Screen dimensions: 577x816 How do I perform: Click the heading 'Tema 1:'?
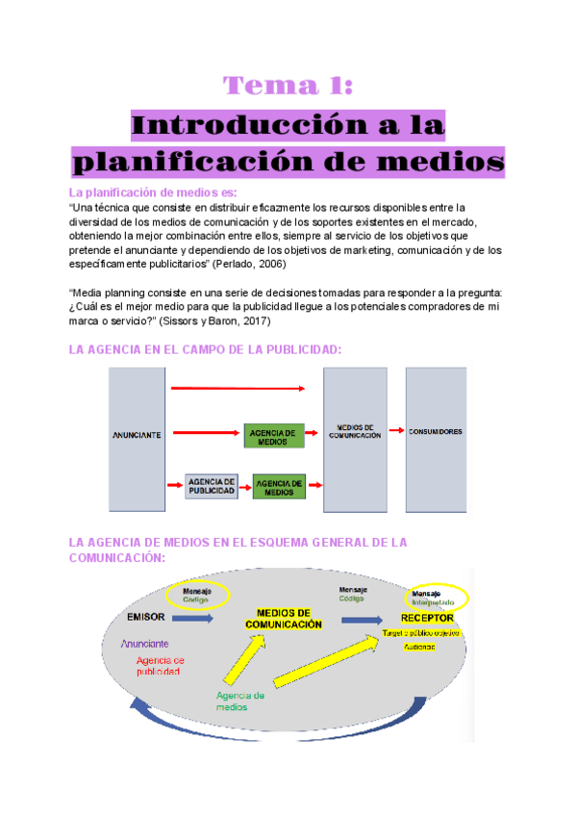pyautogui.click(x=288, y=87)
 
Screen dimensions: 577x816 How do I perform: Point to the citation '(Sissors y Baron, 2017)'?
pyautogui.click(x=216, y=319)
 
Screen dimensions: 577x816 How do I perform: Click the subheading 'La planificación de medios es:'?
pyautogui.click(x=146, y=192)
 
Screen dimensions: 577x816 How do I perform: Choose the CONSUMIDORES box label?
pyautogui.click(x=436, y=432)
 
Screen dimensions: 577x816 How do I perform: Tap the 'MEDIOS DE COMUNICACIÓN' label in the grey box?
pyautogui.click(x=355, y=432)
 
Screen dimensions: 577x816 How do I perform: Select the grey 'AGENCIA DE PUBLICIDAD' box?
pyautogui.click(x=212, y=486)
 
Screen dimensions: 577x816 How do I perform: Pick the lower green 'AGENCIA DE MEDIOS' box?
pyautogui.click(x=280, y=486)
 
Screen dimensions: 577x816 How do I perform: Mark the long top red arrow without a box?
pyautogui.click(x=237, y=388)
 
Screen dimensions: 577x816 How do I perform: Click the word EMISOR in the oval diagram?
pyautogui.click(x=146, y=616)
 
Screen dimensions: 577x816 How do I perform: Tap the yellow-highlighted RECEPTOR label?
pyautogui.click(x=427, y=618)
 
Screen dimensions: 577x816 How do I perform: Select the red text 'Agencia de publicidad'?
pyautogui.click(x=159, y=666)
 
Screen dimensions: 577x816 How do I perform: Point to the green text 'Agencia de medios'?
pyautogui.click(x=239, y=701)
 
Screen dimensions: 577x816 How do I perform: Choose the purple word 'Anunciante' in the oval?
pyautogui.click(x=145, y=643)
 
